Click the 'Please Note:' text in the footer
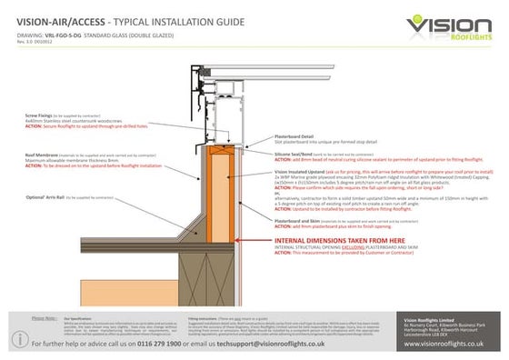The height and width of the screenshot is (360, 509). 45,318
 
